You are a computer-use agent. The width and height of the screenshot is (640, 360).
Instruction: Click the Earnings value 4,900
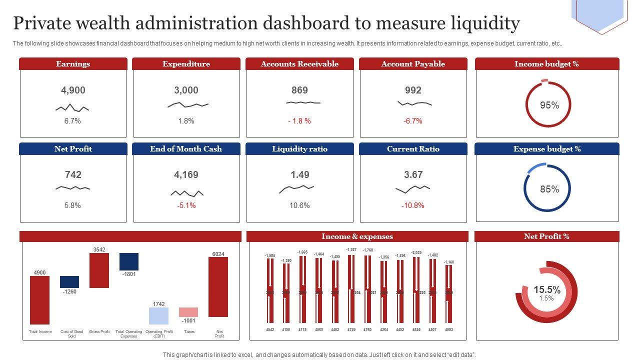click(73, 90)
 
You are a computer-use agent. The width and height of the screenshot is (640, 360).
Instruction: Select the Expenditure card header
click(186, 64)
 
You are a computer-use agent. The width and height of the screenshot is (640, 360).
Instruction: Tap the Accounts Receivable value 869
click(299, 90)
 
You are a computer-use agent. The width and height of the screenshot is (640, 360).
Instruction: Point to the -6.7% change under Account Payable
click(413, 121)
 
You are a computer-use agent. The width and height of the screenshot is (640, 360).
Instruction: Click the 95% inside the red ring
click(549, 105)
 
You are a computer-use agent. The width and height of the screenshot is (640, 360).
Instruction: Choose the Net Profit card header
click(73, 149)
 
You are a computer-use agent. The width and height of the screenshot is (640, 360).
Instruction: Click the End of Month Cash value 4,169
click(186, 175)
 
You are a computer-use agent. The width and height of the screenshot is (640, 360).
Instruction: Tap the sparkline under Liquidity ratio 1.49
click(296, 188)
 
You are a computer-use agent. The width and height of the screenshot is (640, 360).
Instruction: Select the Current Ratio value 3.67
click(413, 175)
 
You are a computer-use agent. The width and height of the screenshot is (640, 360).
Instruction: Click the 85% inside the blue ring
click(549, 189)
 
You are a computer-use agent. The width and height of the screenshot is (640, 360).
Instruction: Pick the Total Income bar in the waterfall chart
click(40, 300)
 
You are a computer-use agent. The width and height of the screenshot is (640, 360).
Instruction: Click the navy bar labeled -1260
click(69, 282)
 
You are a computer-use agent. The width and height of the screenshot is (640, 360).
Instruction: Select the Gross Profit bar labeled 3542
click(99, 270)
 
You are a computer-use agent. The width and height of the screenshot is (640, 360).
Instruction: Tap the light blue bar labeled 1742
click(158, 316)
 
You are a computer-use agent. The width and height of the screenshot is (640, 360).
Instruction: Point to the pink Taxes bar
click(188, 312)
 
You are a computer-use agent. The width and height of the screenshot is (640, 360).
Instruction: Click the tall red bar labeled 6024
click(218, 287)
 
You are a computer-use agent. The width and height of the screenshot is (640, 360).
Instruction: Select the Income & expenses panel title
click(357, 236)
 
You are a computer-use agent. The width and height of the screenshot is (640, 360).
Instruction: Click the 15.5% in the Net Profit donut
click(546, 290)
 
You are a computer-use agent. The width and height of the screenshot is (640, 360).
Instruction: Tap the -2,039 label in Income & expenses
click(416, 253)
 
